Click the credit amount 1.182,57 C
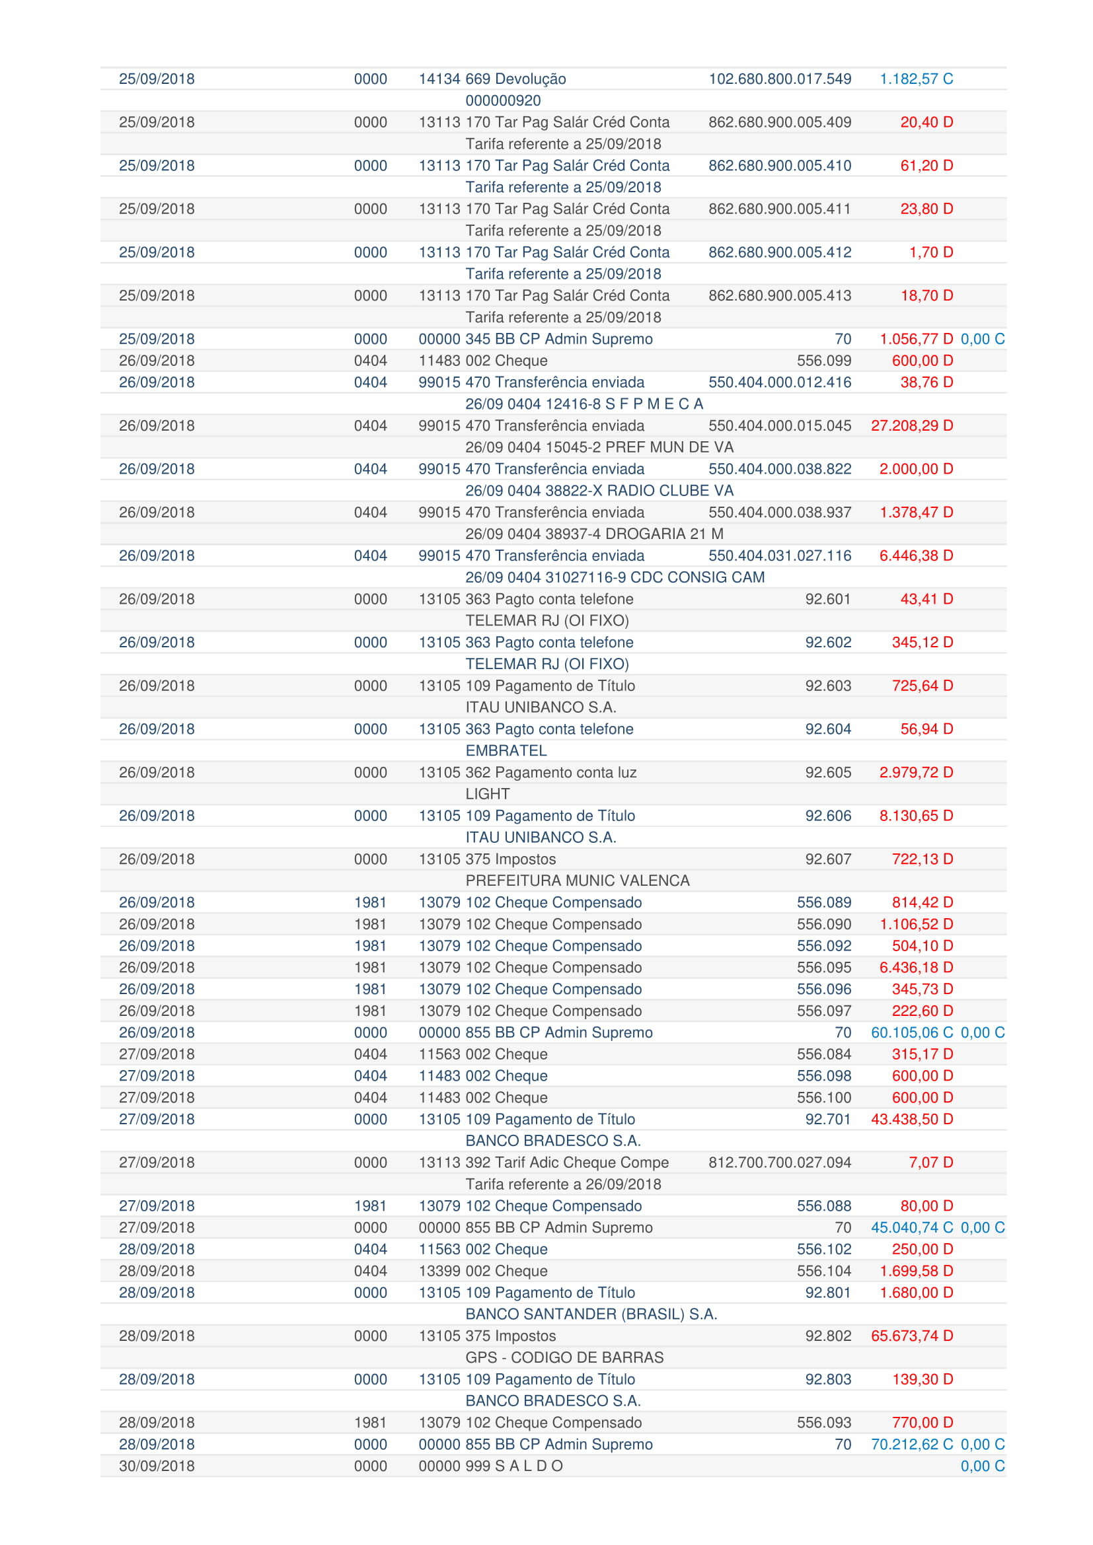[916, 79]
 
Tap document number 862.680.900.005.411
[779, 209]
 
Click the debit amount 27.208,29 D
[912, 425]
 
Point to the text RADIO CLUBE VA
[669, 491]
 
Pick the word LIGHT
[487, 794]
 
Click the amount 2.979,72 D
[916, 773]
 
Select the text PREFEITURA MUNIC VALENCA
[578, 881]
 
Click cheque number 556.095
[824, 968]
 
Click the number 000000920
[503, 100]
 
